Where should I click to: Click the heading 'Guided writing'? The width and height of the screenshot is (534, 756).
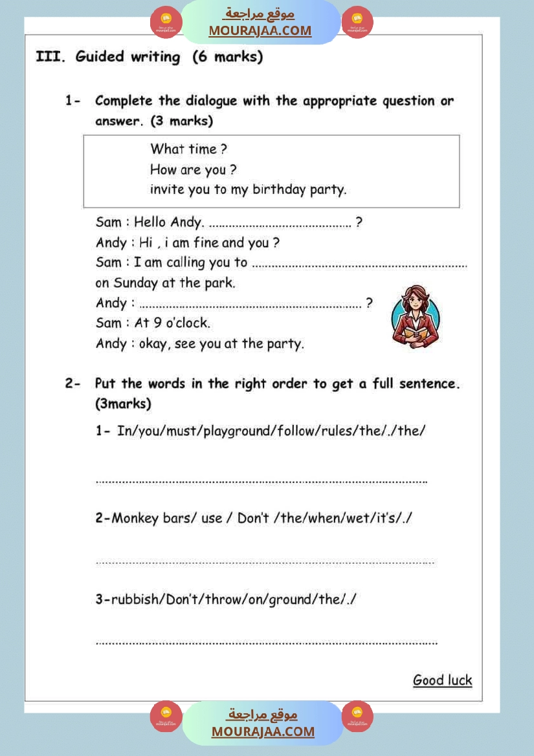pyautogui.click(x=128, y=57)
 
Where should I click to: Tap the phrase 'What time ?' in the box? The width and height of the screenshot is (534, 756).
pyautogui.click(x=188, y=149)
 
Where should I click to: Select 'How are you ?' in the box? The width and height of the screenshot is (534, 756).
pyautogui.click(x=193, y=170)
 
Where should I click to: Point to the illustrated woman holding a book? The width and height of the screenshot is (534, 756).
pyautogui.click(x=416, y=316)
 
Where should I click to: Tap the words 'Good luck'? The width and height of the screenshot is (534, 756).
pyautogui.click(x=443, y=680)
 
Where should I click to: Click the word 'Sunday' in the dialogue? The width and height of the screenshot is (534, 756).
pyautogui.click(x=135, y=283)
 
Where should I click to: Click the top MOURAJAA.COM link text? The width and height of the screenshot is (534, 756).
pyautogui.click(x=260, y=30)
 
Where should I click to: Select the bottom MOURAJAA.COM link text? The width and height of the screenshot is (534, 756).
pyautogui.click(x=263, y=731)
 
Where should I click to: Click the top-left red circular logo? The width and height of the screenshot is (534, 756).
pyautogui.click(x=166, y=22)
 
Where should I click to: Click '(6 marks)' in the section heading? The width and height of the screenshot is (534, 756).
pyautogui.click(x=228, y=57)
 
